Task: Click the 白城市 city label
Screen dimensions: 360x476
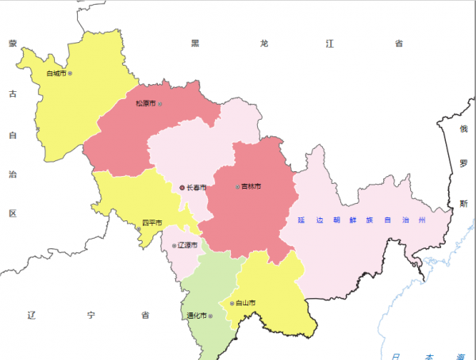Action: tap(56, 74)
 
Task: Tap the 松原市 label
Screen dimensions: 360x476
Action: tap(145, 104)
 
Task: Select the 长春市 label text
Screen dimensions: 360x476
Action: tap(196, 187)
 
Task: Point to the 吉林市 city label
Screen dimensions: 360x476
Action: tap(251, 187)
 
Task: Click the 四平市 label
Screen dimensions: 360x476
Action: tap(152, 222)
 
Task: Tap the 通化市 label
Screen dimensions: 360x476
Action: tap(196, 315)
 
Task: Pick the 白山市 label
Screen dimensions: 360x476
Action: tap(246, 303)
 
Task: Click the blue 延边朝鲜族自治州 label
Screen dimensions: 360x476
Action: tap(363, 219)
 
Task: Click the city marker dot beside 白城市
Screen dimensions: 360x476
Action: tap(70, 74)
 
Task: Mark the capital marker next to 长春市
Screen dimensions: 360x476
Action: tap(182, 187)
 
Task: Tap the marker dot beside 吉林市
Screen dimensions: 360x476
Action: tap(237, 187)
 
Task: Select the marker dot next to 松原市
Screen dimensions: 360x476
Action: tap(160, 104)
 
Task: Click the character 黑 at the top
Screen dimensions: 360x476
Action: tap(195, 44)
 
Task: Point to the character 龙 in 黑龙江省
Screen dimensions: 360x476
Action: tap(263, 44)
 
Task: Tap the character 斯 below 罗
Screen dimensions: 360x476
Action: tap(464, 204)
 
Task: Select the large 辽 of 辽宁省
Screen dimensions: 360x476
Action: tap(32, 315)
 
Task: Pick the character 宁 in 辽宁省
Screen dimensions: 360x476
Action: tap(89, 315)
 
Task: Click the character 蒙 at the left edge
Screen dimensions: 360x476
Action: tap(13, 44)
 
